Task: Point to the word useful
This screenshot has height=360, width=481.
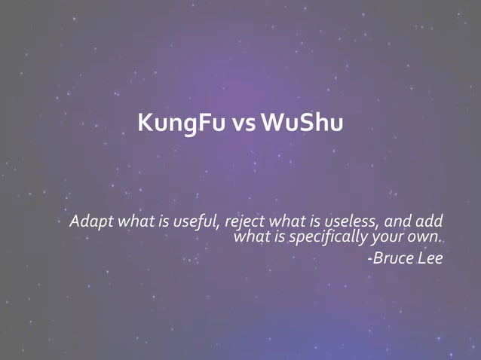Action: pyautogui.click(x=196, y=222)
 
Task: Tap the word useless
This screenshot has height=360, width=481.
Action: pyautogui.click(x=354, y=222)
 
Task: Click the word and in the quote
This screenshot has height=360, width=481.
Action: pyautogui.click(x=399, y=222)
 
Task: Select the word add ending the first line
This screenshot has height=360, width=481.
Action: pyautogui.click(x=430, y=222)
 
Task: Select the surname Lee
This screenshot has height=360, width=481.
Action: pyautogui.click(x=429, y=258)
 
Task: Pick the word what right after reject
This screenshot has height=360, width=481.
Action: pyautogui.click(x=286, y=222)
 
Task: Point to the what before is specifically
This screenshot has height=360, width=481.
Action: pyautogui.click(x=253, y=238)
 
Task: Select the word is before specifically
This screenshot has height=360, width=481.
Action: pyautogui.click(x=280, y=238)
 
